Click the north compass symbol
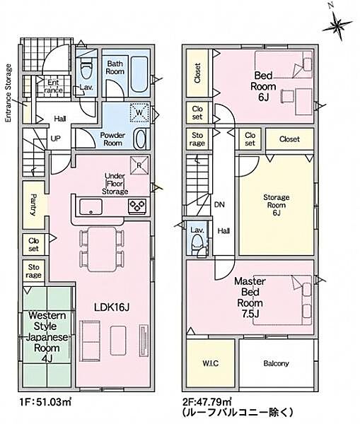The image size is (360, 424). tap(337, 24)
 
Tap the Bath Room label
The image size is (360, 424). tap(115, 68)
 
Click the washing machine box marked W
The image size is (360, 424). tap(139, 112)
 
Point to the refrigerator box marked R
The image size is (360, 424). tap(139, 165)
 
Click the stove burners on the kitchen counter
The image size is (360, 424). tap(137, 206)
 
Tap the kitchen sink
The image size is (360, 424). tap(91, 207)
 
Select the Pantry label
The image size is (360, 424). tap(33, 205)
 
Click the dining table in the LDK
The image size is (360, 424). tap(102, 249)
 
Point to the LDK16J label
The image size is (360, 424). tap(112, 307)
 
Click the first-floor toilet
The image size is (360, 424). tap(86, 69)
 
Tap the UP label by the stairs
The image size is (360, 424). tap(55, 139)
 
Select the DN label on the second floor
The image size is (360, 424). tap(219, 205)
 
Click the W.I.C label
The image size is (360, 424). tap(210, 363)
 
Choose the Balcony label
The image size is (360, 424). tap(276, 363)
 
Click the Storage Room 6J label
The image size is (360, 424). tap(277, 205)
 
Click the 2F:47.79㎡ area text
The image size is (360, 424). tap(208, 401)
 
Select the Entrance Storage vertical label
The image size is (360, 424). tap(9, 93)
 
